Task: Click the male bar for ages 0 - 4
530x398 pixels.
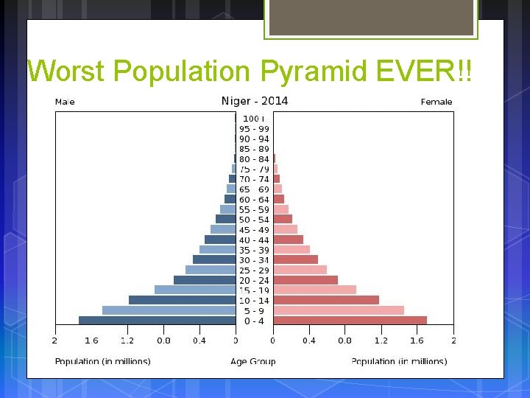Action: click(x=157, y=321)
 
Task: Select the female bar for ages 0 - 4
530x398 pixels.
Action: click(x=350, y=321)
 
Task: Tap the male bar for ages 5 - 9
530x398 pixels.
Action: click(x=169, y=310)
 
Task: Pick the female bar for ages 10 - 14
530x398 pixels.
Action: click(x=326, y=300)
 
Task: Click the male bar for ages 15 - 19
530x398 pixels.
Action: click(x=195, y=290)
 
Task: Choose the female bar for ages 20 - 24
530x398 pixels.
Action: click(x=305, y=280)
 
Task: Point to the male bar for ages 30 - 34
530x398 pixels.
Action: click(x=214, y=259)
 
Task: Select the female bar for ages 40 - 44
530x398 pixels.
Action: click(x=288, y=240)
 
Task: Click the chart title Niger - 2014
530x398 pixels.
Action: click(x=255, y=101)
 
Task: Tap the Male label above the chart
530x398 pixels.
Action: click(x=65, y=102)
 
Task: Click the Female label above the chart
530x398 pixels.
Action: click(x=436, y=102)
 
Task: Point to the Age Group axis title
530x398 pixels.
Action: click(x=253, y=361)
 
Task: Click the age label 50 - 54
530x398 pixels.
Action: click(x=254, y=220)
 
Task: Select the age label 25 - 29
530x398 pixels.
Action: click(x=254, y=270)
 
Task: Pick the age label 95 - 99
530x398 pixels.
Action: click(x=254, y=128)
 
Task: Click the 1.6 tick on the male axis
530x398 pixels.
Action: click(x=91, y=341)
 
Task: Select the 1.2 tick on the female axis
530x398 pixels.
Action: click(x=381, y=341)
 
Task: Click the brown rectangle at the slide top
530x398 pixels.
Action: click(x=371, y=17)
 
